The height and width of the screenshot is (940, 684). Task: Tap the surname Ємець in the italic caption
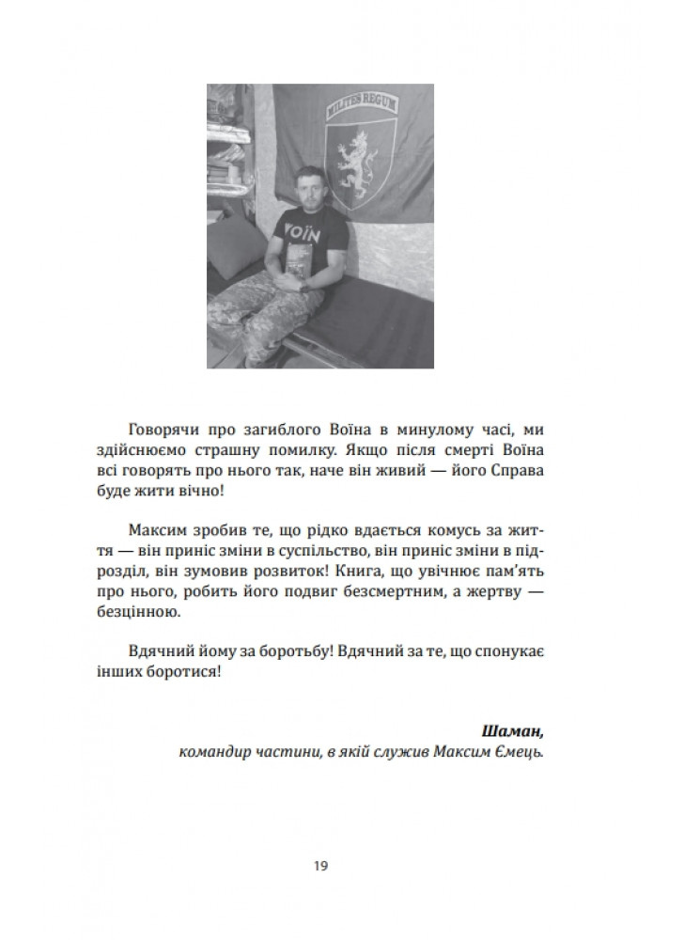tap(521, 752)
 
